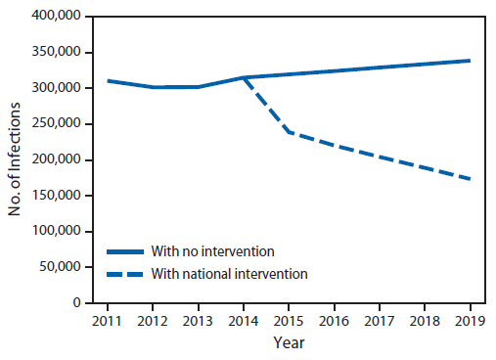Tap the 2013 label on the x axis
(197, 319)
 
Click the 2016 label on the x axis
(334, 319)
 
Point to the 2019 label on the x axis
(470, 319)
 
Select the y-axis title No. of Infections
(15, 160)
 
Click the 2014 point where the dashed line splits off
(243, 77)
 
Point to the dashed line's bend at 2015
(288, 132)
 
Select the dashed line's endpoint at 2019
(470, 179)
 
